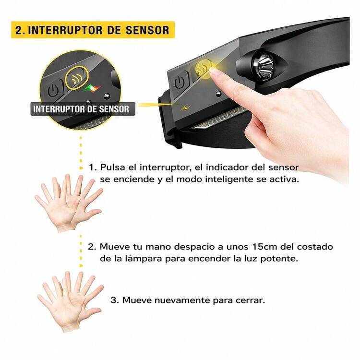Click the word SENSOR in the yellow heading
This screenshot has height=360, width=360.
point(147,30)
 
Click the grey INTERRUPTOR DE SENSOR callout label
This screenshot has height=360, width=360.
point(83,109)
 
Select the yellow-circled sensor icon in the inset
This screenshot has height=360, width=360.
point(77,78)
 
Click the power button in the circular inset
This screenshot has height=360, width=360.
point(53,91)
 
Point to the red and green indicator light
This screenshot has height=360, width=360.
point(92,88)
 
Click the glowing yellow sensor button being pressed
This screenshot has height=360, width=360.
point(203,68)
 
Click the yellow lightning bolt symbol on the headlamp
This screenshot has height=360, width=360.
point(185,108)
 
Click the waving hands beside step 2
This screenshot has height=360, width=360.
point(69,203)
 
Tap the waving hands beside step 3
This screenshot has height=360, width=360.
point(70,301)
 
